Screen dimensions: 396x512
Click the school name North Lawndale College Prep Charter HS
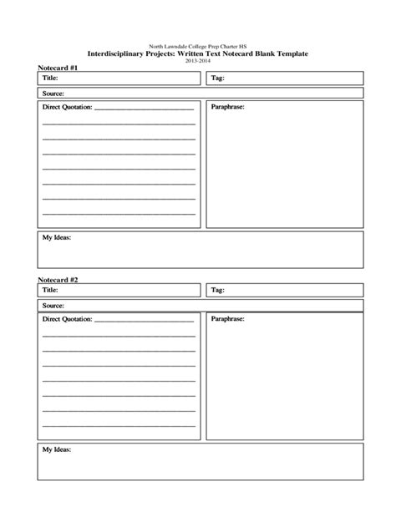pyautogui.click(x=197, y=46)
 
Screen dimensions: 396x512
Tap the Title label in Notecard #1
pyautogui.click(x=52, y=78)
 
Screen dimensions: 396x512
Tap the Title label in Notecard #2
pyautogui.click(x=52, y=290)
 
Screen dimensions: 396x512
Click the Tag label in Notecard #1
pyautogui.click(x=217, y=78)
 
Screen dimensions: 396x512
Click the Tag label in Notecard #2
pyautogui.click(x=217, y=290)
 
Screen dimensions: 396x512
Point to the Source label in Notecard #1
pyautogui.click(x=53, y=94)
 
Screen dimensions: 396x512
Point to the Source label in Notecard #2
pyautogui.click(x=53, y=306)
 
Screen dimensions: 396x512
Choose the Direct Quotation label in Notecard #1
pyautogui.click(x=68, y=108)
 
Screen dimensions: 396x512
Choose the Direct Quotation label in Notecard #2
pyautogui.click(x=68, y=320)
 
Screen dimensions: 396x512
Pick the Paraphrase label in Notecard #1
pyautogui.click(x=228, y=108)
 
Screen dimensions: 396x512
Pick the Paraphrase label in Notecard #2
pyautogui.click(x=228, y=320)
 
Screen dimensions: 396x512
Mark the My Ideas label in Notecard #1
pyautogui.click(x=57, y=238)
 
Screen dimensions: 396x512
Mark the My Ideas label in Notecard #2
pyautogui.click(x=57, y=450)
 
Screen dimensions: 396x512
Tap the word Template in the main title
pyautogui.click(x=288, y=53)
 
